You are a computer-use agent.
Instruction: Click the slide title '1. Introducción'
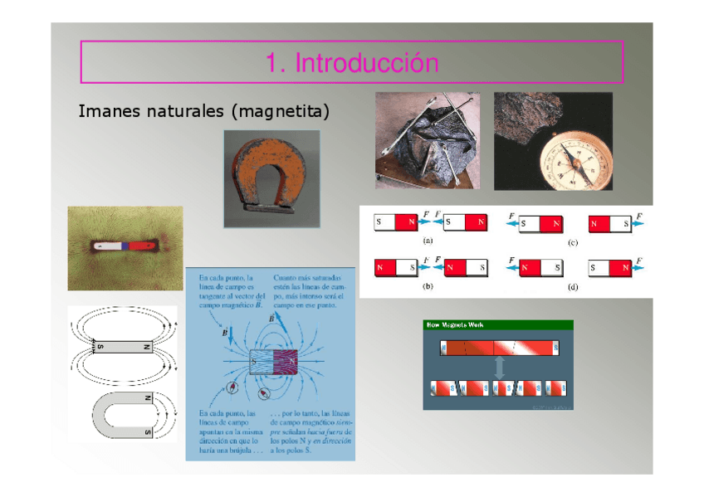click(351, 62)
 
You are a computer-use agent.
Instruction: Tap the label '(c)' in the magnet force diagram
click(572, 242)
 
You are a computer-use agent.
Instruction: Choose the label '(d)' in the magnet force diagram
click(572, 287)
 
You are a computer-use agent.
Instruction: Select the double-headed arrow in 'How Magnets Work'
click(500, 368)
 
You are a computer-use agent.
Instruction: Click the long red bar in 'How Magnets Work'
click(500, 347)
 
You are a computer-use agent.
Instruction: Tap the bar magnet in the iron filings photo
click(125, 246)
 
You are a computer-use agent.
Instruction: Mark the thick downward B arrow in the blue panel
click(232, 335)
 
